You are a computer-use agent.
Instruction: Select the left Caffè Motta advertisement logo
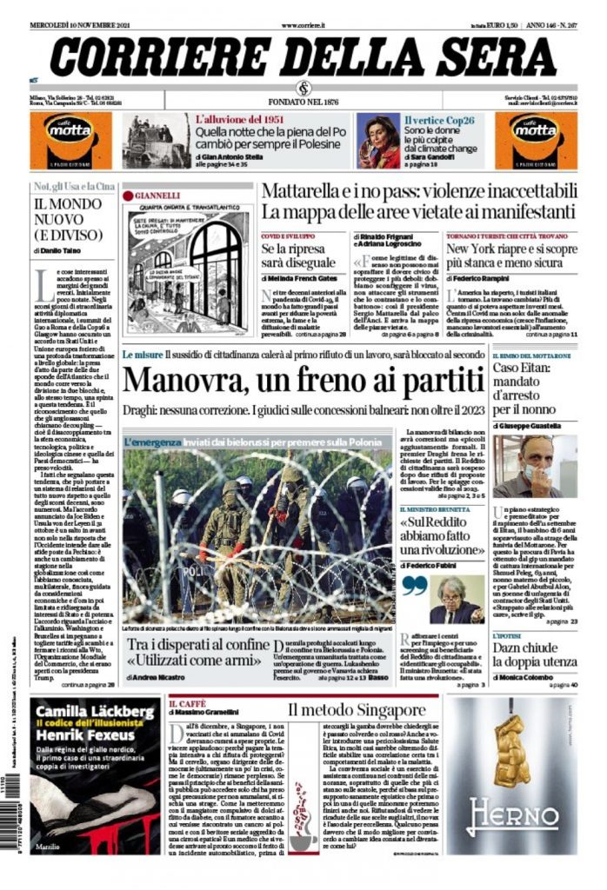[70, 140]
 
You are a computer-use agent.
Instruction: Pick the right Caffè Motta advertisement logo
[533, 140]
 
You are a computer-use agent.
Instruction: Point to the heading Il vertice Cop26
[439, 119]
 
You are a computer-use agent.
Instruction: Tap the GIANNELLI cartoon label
[157, 196]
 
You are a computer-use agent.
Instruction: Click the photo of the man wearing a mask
[534, 466]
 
